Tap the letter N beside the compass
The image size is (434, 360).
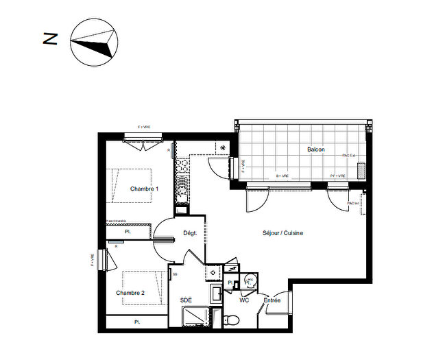pyautogui.click(x=50, y=38)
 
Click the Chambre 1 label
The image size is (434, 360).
pyautogui.click(x=144, y=189)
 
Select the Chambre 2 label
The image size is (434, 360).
pyautogui.click(x=130, y=293)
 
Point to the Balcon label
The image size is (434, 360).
pyautogui.click(x=316, y=149)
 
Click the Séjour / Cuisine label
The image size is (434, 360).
pyautogui.click(x=282, y=233)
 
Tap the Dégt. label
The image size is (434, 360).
pyautogui.click(x=190, y=233)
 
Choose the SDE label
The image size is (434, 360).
pyautogui.click(x=186, y=300)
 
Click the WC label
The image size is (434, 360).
pyautogui.click(x=244, y=300)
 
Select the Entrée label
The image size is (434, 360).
pyautogui.click(x=272, y=300)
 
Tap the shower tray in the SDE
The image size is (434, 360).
pyautogui.click(x=197, y=319)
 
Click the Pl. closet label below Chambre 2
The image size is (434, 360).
pyautogui.click(x=137, y=322)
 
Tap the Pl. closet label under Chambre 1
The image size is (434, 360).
pyautogui.click(x=128, y=232)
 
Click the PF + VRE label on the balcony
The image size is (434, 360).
pyautogui.click(x=338, y=176)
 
